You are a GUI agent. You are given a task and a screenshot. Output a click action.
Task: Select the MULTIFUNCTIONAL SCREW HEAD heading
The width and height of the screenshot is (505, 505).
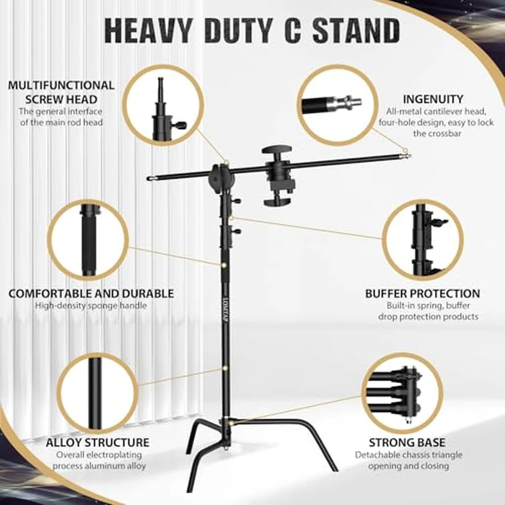61,92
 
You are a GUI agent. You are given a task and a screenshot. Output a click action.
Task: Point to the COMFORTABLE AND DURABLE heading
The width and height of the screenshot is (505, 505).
91,294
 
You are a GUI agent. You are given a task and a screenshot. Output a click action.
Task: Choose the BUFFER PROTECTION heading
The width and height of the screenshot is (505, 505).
422,294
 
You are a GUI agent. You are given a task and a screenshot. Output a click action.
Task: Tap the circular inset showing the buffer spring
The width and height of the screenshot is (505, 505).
420,240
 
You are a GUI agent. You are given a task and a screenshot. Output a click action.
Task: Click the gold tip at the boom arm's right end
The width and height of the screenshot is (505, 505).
407,153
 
